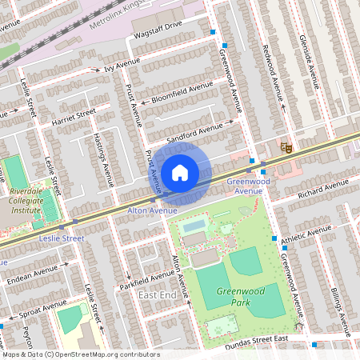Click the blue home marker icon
coord(180,173)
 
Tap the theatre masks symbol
coord(283,146)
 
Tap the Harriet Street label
coord(74,117)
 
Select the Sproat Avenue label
coord(44,309)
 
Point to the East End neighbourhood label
coord(157,295)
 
